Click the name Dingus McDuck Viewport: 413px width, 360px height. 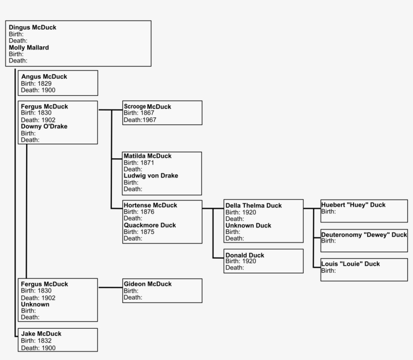[32, 27]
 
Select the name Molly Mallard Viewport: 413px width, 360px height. [29, 47]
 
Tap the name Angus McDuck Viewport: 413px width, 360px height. [44, 77]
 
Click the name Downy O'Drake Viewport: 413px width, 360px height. [44, 127]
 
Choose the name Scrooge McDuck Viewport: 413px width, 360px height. [147, 107]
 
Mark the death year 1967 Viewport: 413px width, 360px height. [149, 120]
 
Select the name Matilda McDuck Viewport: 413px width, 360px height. [148, 156]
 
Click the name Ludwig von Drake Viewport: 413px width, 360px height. [151, 176]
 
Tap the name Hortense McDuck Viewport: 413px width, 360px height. [150, 205]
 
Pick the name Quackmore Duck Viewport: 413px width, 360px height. [150, 225]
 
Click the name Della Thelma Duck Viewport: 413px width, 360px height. [253, 206]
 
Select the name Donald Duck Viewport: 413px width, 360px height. [245, 255]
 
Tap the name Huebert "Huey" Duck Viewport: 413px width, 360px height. [353, 205]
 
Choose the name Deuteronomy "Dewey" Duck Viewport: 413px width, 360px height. [364, 235]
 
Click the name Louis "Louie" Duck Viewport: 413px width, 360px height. [350, 264]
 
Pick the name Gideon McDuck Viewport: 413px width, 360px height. [148, 284]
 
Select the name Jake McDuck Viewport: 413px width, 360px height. [41, 334]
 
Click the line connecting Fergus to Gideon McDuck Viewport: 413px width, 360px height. [110, 288]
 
